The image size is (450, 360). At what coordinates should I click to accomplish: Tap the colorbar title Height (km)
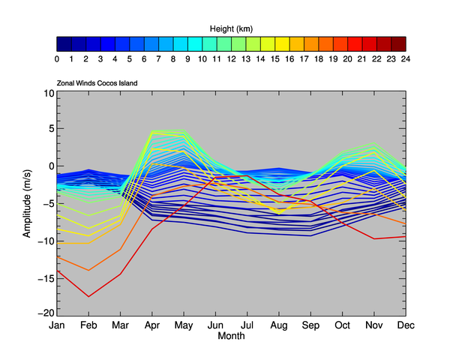pos(231,28)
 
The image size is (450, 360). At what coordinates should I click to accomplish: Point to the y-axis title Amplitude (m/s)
pos(27,203)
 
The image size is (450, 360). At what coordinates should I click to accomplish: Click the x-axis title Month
pos(231,336)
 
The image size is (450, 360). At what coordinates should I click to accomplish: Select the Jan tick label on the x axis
pos(57,325)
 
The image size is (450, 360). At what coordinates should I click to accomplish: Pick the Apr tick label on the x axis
pos(152,325)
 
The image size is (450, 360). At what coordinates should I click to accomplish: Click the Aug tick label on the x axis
pos(279,325)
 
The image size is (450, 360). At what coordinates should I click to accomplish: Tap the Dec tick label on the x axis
pos(405,325)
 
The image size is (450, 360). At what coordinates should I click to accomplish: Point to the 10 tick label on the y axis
pos(49,94)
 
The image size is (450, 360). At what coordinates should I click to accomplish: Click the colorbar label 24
pos(405,58)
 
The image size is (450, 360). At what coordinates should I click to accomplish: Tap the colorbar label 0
pos(58,58)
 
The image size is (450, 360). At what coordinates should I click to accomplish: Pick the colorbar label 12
pos(231,58)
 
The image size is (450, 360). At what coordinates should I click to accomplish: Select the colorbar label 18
pos(318,58)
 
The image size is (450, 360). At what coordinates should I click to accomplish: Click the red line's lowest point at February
pos(88,296)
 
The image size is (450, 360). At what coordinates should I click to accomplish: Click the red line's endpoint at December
pos(406,236)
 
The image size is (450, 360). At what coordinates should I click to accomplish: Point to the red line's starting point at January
pos(57,271)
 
